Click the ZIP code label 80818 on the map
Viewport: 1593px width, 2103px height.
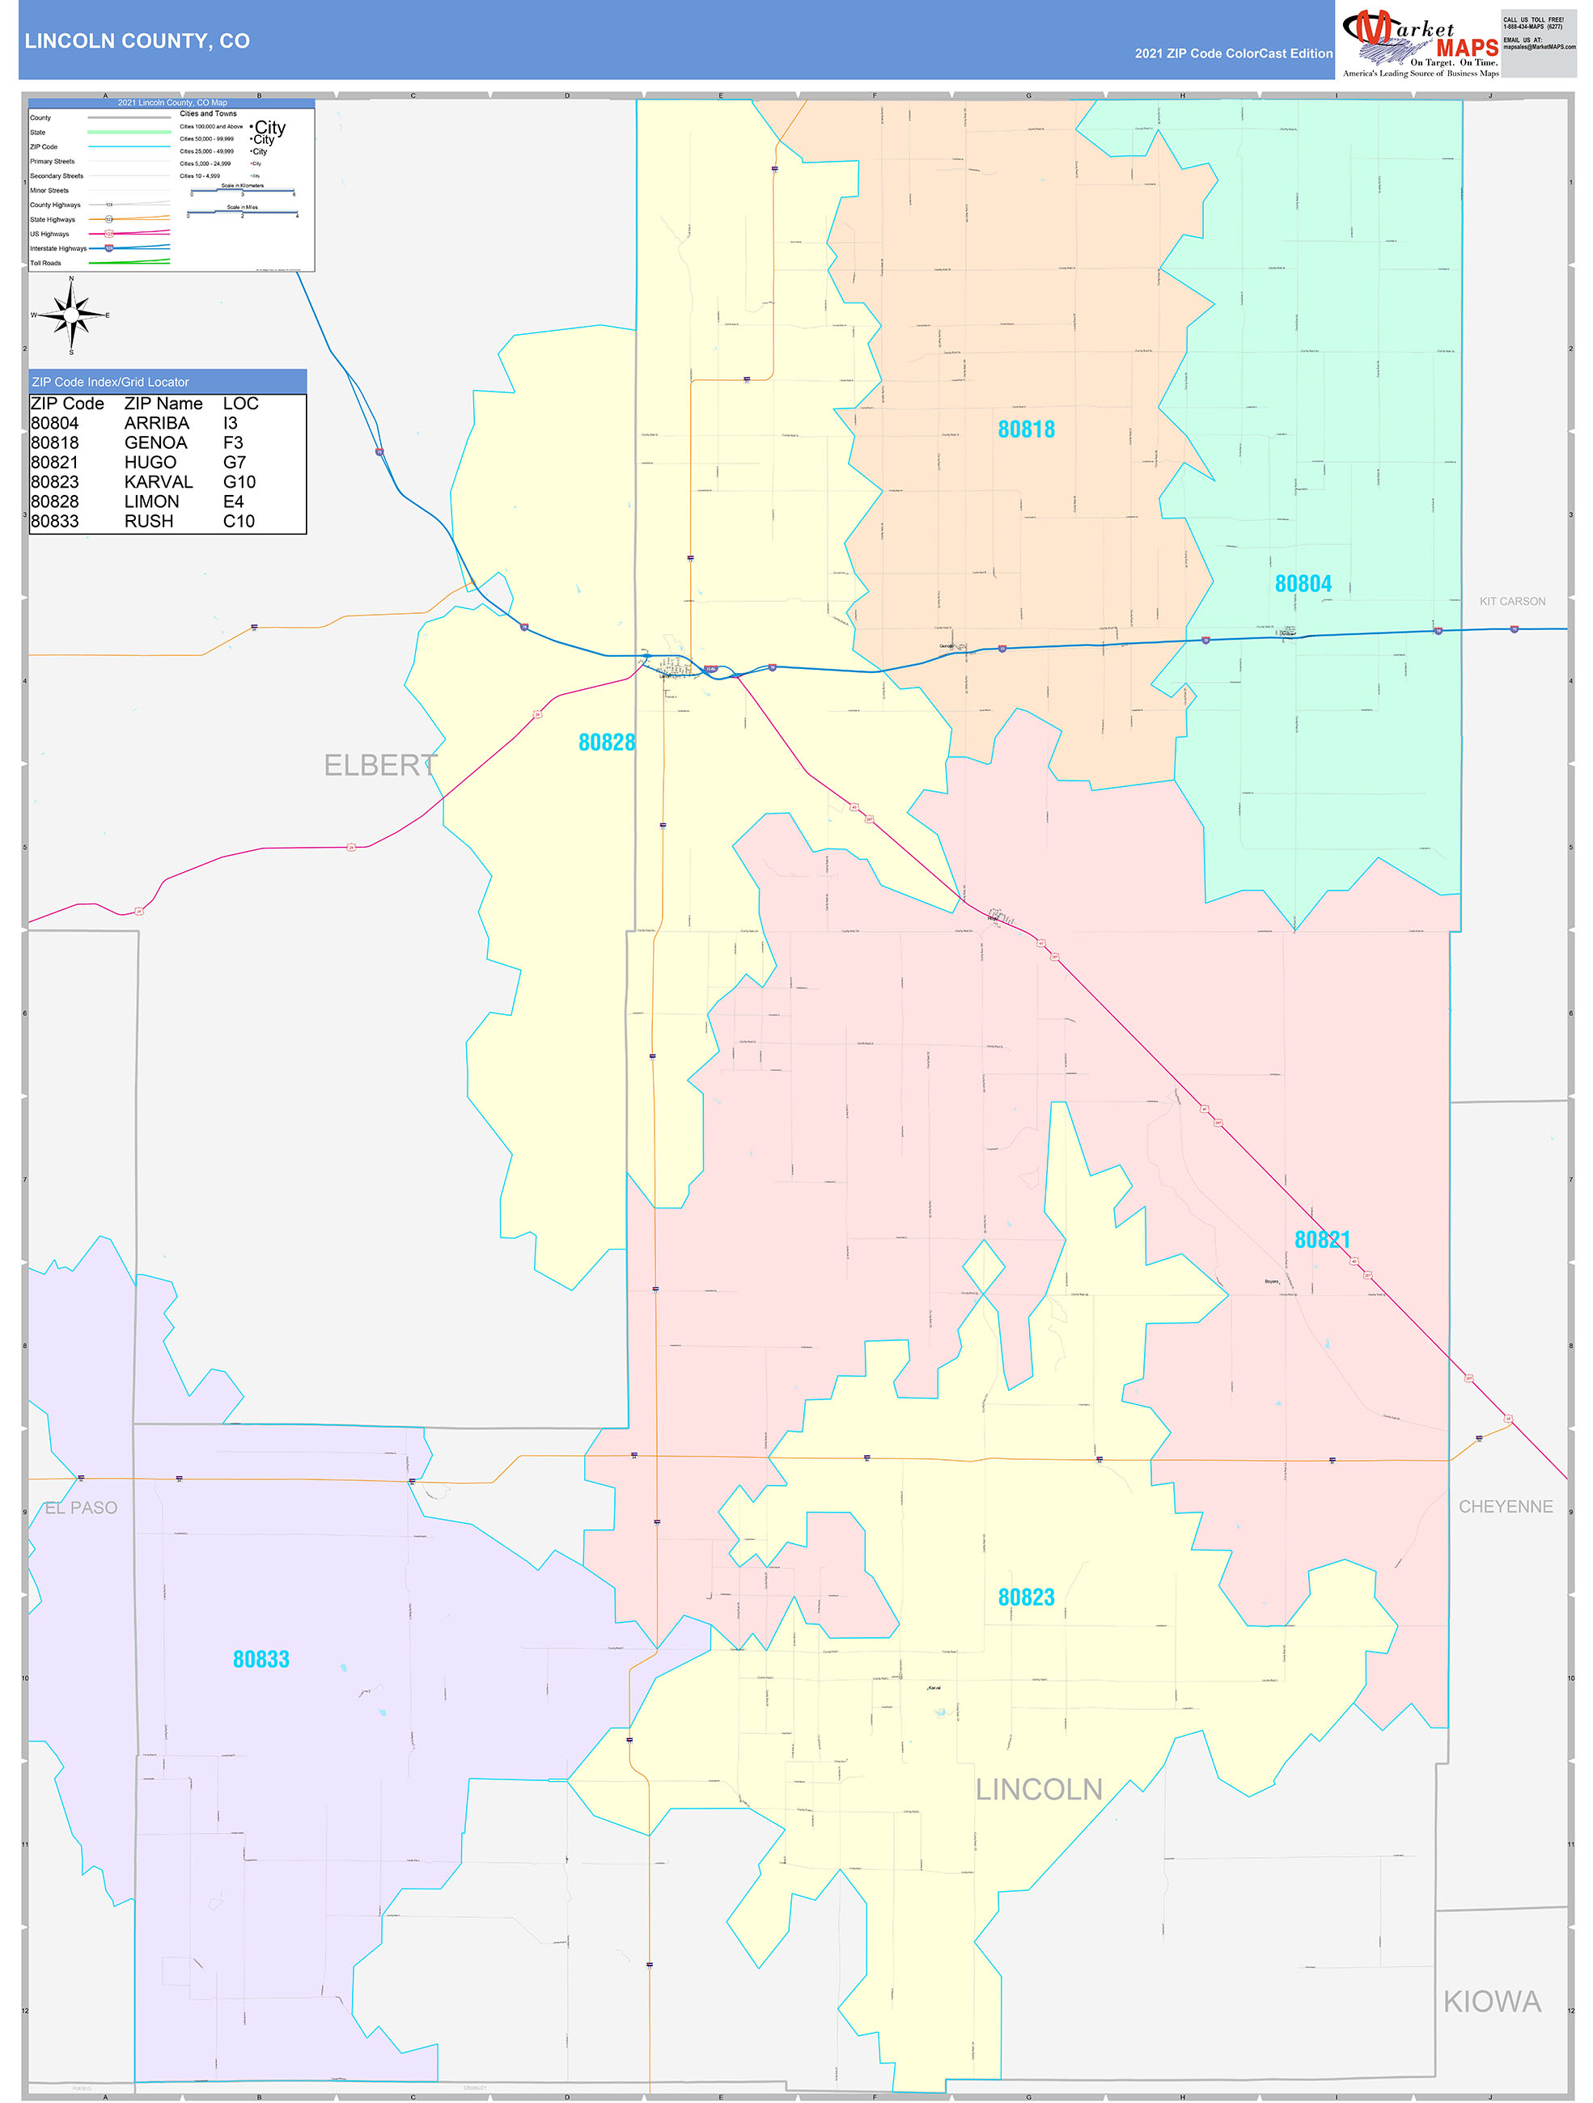pos(1025,429)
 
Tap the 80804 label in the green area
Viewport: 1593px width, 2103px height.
pos(1302,584)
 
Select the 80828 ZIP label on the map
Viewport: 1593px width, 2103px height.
pos(606,743)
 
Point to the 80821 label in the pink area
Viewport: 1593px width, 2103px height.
pos(1321,1240)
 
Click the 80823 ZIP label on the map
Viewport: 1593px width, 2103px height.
pos(1025,1597)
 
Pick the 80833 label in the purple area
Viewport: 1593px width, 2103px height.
pos(261,1660)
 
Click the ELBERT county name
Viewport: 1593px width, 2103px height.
pos(379,765)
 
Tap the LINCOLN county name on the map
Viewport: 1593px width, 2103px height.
pos(1039,1790)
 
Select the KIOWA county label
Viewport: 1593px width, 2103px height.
pos(1491,2002)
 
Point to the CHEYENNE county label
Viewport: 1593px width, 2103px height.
pos(1505,1507)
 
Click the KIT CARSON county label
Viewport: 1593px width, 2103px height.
pos(1511,602)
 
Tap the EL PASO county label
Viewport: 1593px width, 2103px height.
pos(81,1508)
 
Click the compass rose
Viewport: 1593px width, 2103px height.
pos(71,315)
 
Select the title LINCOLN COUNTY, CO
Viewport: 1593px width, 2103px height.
pos(137,41)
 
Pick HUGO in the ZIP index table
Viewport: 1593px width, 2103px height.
pos(150,463)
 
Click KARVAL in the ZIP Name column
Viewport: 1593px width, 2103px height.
pos(158,482)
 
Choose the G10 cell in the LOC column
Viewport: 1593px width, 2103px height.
pos(239,482)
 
